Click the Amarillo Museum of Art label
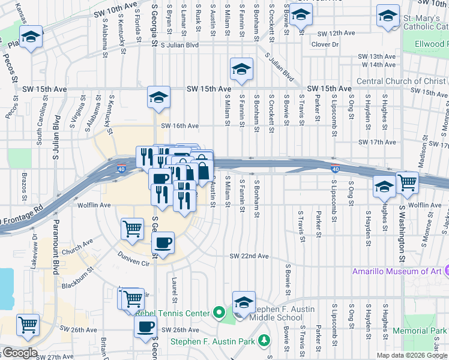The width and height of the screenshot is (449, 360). [397, 272]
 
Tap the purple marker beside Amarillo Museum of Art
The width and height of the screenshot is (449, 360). [446, 272]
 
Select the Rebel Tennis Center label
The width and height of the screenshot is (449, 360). [173, 313]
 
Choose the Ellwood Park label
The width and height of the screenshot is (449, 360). [432, 44]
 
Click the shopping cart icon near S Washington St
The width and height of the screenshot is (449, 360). [407, 182]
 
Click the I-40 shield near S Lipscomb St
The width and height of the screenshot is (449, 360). [335, 169]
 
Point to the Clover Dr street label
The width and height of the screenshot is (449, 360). [325, 44]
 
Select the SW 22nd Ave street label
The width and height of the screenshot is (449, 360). [249, 256]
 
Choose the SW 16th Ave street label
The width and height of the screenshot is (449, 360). [179, 126]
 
